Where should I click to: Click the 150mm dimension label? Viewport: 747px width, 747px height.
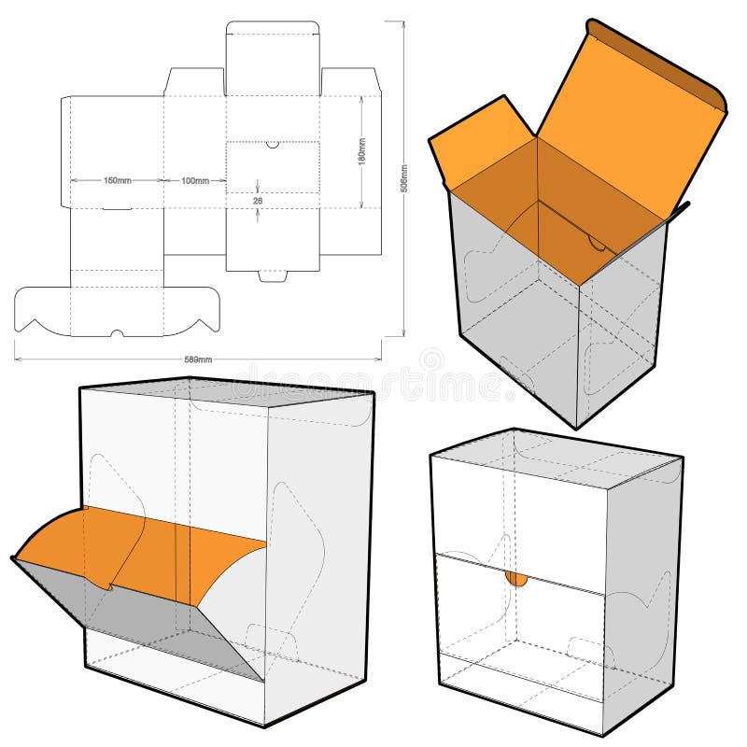(117, 180)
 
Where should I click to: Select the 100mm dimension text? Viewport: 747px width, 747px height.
(194, 180)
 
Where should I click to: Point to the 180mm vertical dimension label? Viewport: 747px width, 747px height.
(361, 151)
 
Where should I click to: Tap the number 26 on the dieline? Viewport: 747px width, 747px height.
(258, 199)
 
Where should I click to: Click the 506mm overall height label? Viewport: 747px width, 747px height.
(403, 177)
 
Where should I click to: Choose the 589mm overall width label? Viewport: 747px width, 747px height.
(198, 359)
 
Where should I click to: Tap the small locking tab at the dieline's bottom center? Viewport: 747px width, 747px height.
(273, 275)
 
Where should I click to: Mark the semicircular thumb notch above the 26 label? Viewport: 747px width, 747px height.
(272, 145)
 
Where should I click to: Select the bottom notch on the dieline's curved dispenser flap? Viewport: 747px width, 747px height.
(117, 332)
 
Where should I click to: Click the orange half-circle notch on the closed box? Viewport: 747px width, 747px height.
(516, 579)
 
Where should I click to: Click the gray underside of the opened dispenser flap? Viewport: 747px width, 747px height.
(159, 616)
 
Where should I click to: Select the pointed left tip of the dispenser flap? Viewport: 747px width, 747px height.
(14, 558)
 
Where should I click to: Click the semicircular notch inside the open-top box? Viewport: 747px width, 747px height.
(595, 244)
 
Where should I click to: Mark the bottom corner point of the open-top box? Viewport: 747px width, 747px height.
(576, 429)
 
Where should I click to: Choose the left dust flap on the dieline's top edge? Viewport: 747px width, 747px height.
(194, 81)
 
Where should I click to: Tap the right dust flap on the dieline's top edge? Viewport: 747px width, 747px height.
(349, 81)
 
